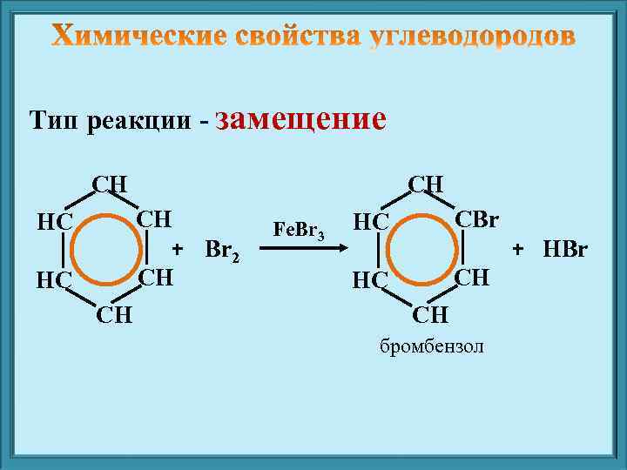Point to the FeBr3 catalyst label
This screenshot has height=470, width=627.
[x=299, y=231]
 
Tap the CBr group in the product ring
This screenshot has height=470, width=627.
[x=476, y=218]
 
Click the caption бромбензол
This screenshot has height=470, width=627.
[x=433, y=347]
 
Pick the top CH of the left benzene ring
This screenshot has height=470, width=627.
[x=111, y=185]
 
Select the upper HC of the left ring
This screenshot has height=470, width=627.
[x=53, y=222]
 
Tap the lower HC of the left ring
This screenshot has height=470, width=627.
[x=53, y=280]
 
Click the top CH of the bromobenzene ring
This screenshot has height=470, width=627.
[x=426, y=185]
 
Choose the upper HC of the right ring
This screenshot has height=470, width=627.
[x=370, y=222]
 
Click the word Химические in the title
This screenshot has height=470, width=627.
[x=137, y=36]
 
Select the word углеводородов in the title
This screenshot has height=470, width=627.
[x=471, y=36]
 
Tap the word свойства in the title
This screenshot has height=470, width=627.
[x=298, y=36]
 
